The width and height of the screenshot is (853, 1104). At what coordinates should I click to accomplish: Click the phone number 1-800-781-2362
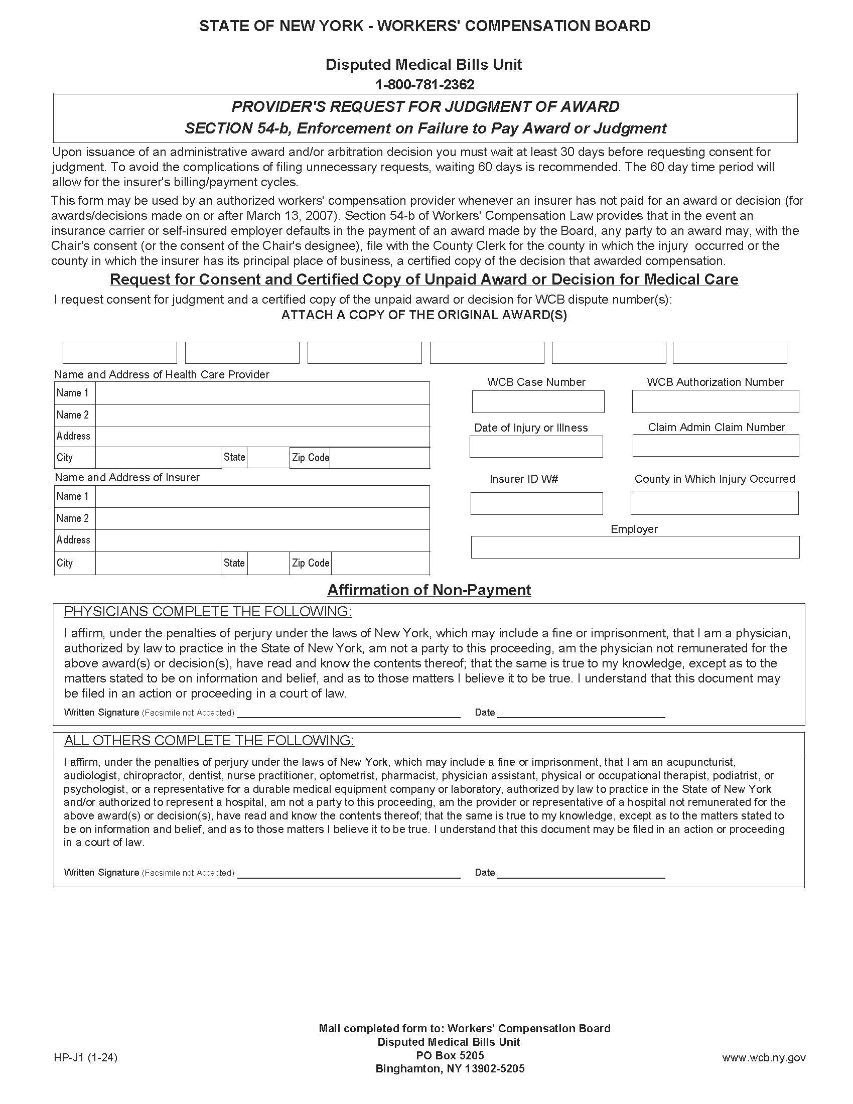[425, 84]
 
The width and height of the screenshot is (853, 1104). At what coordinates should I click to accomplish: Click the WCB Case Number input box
[538, 401]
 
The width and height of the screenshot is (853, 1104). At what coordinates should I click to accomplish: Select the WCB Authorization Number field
[715, 401]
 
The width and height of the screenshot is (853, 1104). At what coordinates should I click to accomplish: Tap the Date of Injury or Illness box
[536, 447]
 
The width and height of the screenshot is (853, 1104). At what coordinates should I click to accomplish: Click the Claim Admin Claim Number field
[716, 445]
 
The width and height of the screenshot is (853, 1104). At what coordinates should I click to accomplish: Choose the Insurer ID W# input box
[536, 503]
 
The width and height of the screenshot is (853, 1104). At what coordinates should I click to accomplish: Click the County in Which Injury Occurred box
[714, 503]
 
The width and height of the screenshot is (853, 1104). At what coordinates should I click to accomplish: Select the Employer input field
[635, 547]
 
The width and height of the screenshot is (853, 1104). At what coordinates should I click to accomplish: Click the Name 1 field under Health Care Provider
[262, 393]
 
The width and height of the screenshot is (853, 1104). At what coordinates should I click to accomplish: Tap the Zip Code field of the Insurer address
[380, 563]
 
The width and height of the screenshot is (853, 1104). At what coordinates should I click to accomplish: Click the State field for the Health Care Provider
[268, 458]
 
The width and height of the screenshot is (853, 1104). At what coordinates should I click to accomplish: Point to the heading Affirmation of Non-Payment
[429, 590]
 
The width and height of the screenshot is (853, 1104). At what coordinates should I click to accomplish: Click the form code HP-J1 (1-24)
[85, 1057]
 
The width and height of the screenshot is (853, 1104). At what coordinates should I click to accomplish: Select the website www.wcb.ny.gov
[764, 1057]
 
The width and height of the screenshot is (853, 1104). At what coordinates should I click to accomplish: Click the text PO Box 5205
[450, 1055]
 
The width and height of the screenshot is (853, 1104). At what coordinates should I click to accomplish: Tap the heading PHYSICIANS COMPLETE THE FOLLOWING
[208, 612]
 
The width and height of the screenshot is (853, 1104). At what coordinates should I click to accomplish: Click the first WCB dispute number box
[120, 352]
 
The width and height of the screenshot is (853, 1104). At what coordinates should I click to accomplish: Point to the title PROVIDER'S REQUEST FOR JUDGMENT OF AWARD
[425, 107]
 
